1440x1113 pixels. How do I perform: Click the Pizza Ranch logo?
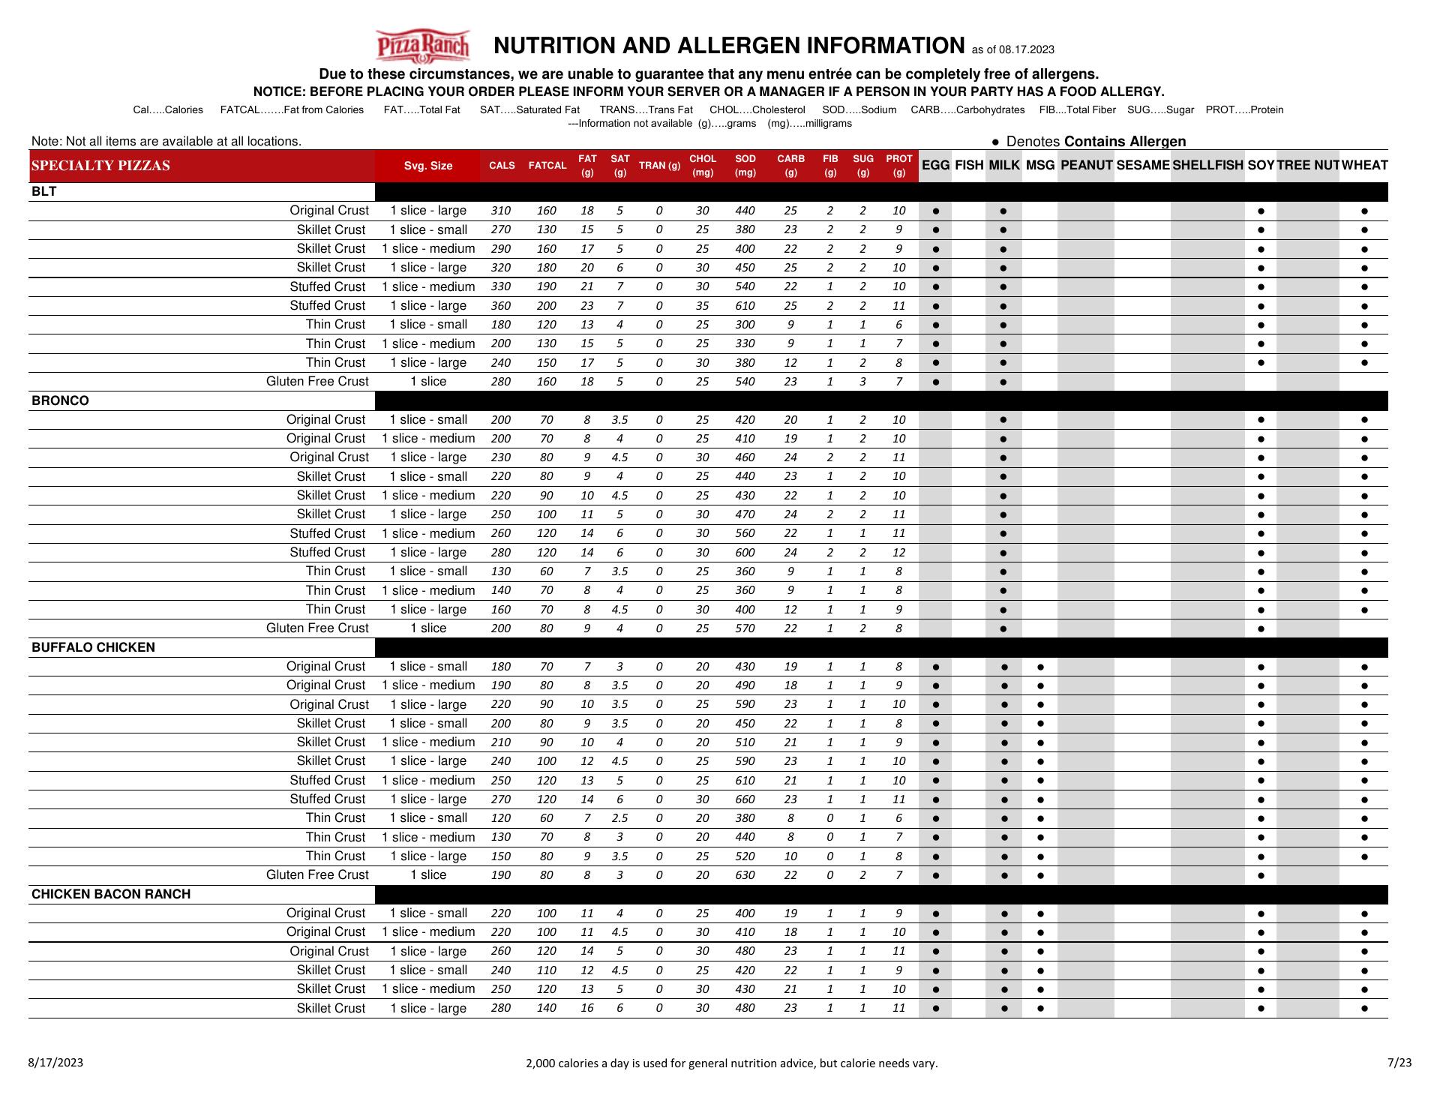[422, 46]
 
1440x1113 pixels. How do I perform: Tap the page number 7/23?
[1399, 1062]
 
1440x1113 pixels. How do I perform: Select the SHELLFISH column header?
[1207, 165]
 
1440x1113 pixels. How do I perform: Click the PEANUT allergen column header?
[1086, 165]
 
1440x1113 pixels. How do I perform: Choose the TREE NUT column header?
[1308, 165]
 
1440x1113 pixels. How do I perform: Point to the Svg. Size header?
[427, 166]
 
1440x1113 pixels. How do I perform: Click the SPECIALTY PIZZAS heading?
[100, 166]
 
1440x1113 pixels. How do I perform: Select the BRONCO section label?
[60, 400]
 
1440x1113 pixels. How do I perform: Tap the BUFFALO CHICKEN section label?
[93, 647]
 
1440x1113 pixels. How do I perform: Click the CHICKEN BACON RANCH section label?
[111, 894]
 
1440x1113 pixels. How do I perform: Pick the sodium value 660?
[745, 799]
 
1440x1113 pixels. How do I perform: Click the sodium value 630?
[745, 875]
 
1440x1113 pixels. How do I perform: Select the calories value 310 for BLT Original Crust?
[500, 211]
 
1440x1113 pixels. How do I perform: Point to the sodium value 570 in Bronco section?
[745, 628]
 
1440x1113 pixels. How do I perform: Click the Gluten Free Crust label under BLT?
[317, 382]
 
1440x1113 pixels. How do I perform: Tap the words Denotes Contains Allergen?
[1096, 142]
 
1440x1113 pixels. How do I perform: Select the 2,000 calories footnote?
[731, 1063]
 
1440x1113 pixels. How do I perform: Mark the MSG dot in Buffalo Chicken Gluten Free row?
[1040, 875]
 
